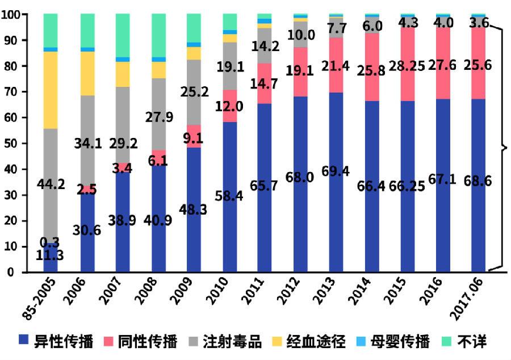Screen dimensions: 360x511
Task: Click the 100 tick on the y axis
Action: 11,14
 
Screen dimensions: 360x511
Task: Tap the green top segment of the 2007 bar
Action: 123,34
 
